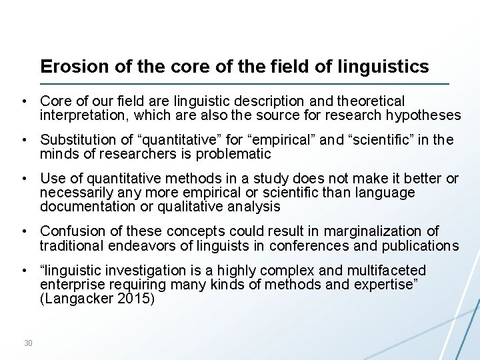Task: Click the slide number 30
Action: click(x=28, y=343)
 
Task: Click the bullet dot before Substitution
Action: click(x=23, y=140)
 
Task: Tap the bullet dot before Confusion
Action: click(x=23, y=231)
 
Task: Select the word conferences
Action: click(x=316, y=245)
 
